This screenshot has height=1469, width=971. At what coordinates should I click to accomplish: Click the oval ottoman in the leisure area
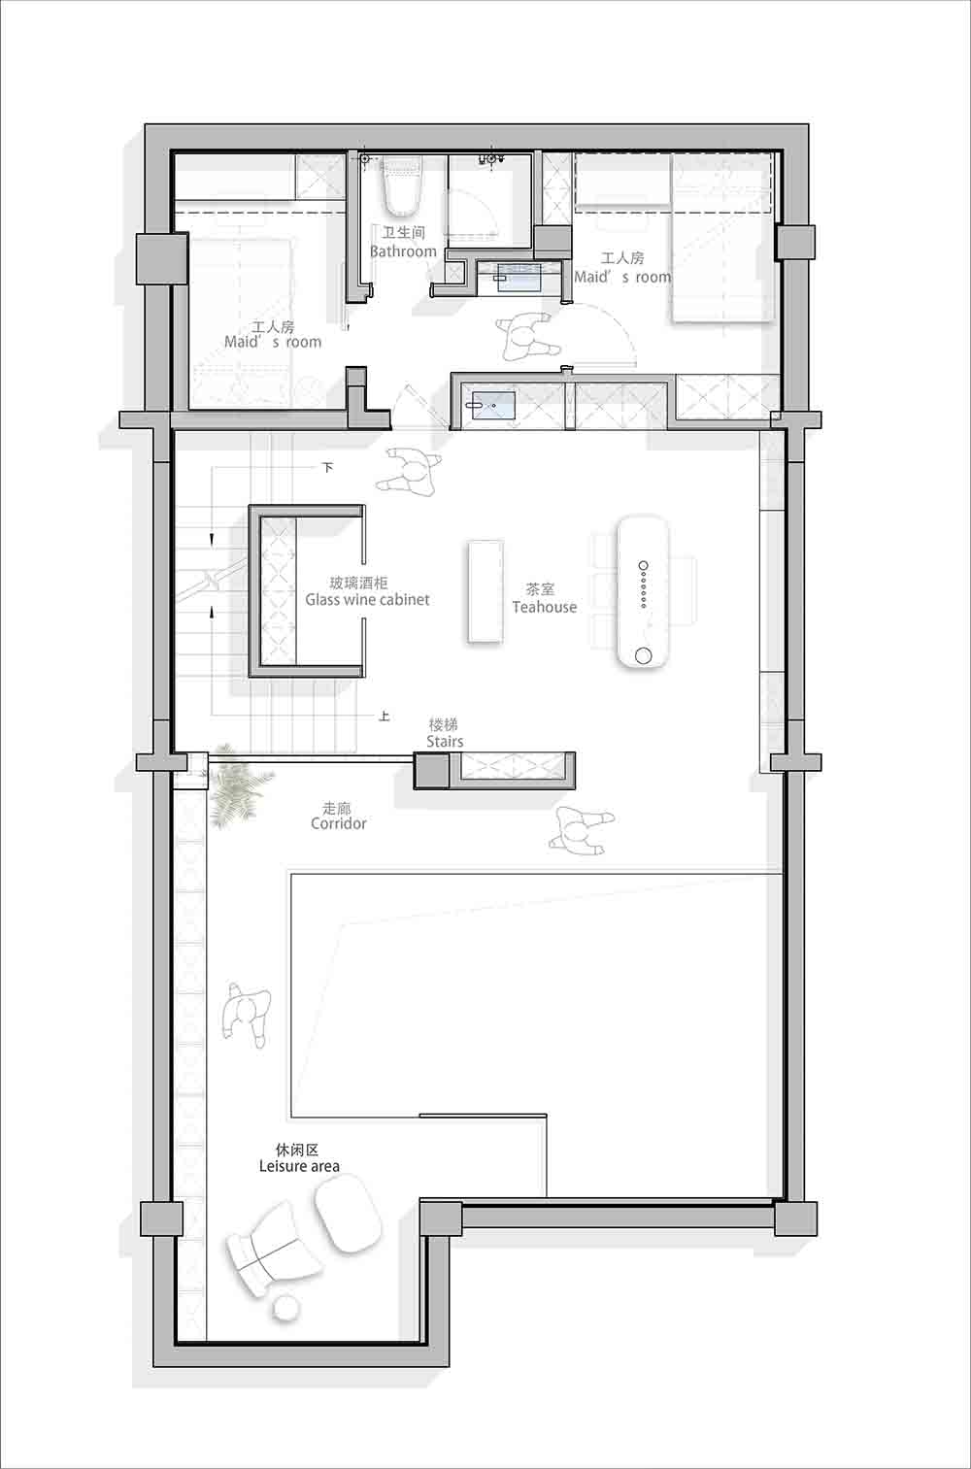click(x=348, y=1213)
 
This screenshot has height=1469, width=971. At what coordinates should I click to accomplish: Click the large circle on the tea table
click(x=643, y=655)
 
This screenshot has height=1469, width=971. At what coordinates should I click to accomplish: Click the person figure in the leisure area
click(x=247, y=1015)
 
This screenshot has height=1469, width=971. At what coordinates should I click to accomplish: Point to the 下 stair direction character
click(x=327, y=467)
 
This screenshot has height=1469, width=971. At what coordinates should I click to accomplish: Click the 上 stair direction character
click(x=385, y=716)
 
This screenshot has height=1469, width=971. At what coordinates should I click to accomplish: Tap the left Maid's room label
click(x=273, y=334)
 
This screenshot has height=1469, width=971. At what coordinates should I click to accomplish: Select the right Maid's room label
click(x=622, y=268)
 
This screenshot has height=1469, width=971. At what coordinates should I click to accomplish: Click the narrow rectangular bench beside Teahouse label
click(x=485, y=591)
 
